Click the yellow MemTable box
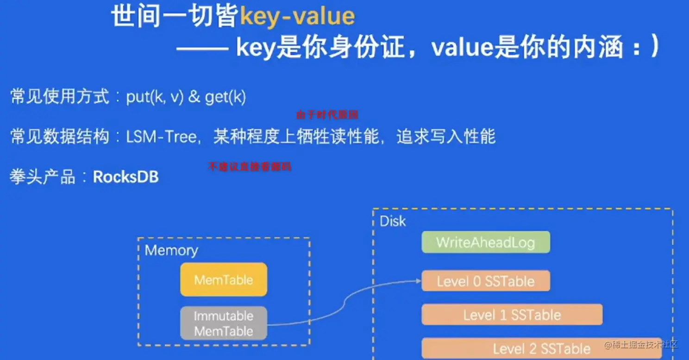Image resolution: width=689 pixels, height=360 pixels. pos(224,279)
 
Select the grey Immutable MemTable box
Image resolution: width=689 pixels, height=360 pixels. pos(224,323)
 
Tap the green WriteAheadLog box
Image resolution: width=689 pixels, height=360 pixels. pos(486,242)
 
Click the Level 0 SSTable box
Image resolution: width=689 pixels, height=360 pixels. pos(486,281)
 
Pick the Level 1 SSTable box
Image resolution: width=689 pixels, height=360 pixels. pos(512,315)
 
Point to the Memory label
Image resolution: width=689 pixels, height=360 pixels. pos(171,250)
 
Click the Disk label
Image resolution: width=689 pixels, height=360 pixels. pos(393,221)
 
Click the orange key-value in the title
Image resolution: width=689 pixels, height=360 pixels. pos(297,17)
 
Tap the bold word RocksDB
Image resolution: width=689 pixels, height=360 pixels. pos(126,177)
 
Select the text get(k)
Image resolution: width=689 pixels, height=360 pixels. pos(225,97)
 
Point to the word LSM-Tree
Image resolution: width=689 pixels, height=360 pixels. pos(161,137)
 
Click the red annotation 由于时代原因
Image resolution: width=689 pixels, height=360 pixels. pos(327,114)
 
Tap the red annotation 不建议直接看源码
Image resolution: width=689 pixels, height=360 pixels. pos(250,167)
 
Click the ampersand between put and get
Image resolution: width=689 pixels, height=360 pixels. pos(194,97)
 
